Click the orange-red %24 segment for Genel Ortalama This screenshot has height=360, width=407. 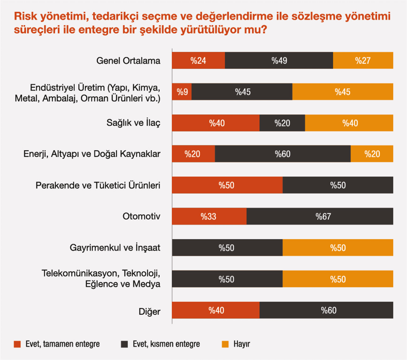click(199, 61)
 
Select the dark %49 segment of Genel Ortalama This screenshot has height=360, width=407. click(279, 61)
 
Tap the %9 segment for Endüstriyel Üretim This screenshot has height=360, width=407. click(182, 92)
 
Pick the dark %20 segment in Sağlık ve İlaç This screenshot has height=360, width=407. click(282, 123)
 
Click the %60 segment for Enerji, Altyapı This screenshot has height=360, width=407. click(283, 154)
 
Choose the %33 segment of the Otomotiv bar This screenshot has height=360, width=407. click(209, 216)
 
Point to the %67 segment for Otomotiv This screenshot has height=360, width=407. click(320, 216)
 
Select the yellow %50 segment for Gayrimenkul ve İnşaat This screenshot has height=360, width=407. click(338, 248)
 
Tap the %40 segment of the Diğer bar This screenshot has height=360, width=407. click(216, 310)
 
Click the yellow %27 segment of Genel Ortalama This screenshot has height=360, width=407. click(363, 61)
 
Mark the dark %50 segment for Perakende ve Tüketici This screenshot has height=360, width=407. click(338, 185)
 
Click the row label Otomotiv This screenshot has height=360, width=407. click(142, 216)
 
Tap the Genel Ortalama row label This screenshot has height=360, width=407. click(128, 61)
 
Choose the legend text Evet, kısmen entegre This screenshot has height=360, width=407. click(166, 344)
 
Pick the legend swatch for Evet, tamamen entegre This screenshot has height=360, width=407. click(17, 344)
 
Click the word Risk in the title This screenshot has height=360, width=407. click(24, 17)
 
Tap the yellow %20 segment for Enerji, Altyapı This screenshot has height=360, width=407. click(372, 154)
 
